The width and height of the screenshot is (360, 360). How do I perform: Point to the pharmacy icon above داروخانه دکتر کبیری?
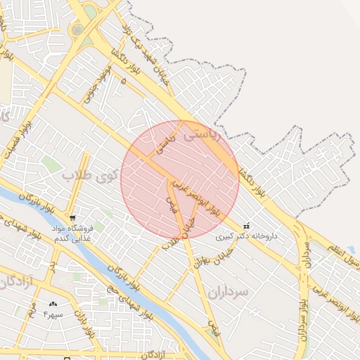click(x=245, y=226)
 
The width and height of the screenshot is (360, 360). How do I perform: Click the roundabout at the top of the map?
click(x=77, y=30)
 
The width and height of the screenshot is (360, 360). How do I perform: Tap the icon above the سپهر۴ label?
click(x=52, y=304)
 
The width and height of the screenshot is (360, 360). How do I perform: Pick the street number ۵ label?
click(x=124, y=82)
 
